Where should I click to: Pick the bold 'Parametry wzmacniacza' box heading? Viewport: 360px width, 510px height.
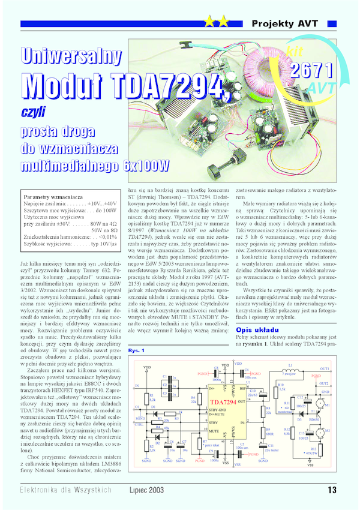coord(52,197)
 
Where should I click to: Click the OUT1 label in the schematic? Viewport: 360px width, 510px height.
coord(325,368)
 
